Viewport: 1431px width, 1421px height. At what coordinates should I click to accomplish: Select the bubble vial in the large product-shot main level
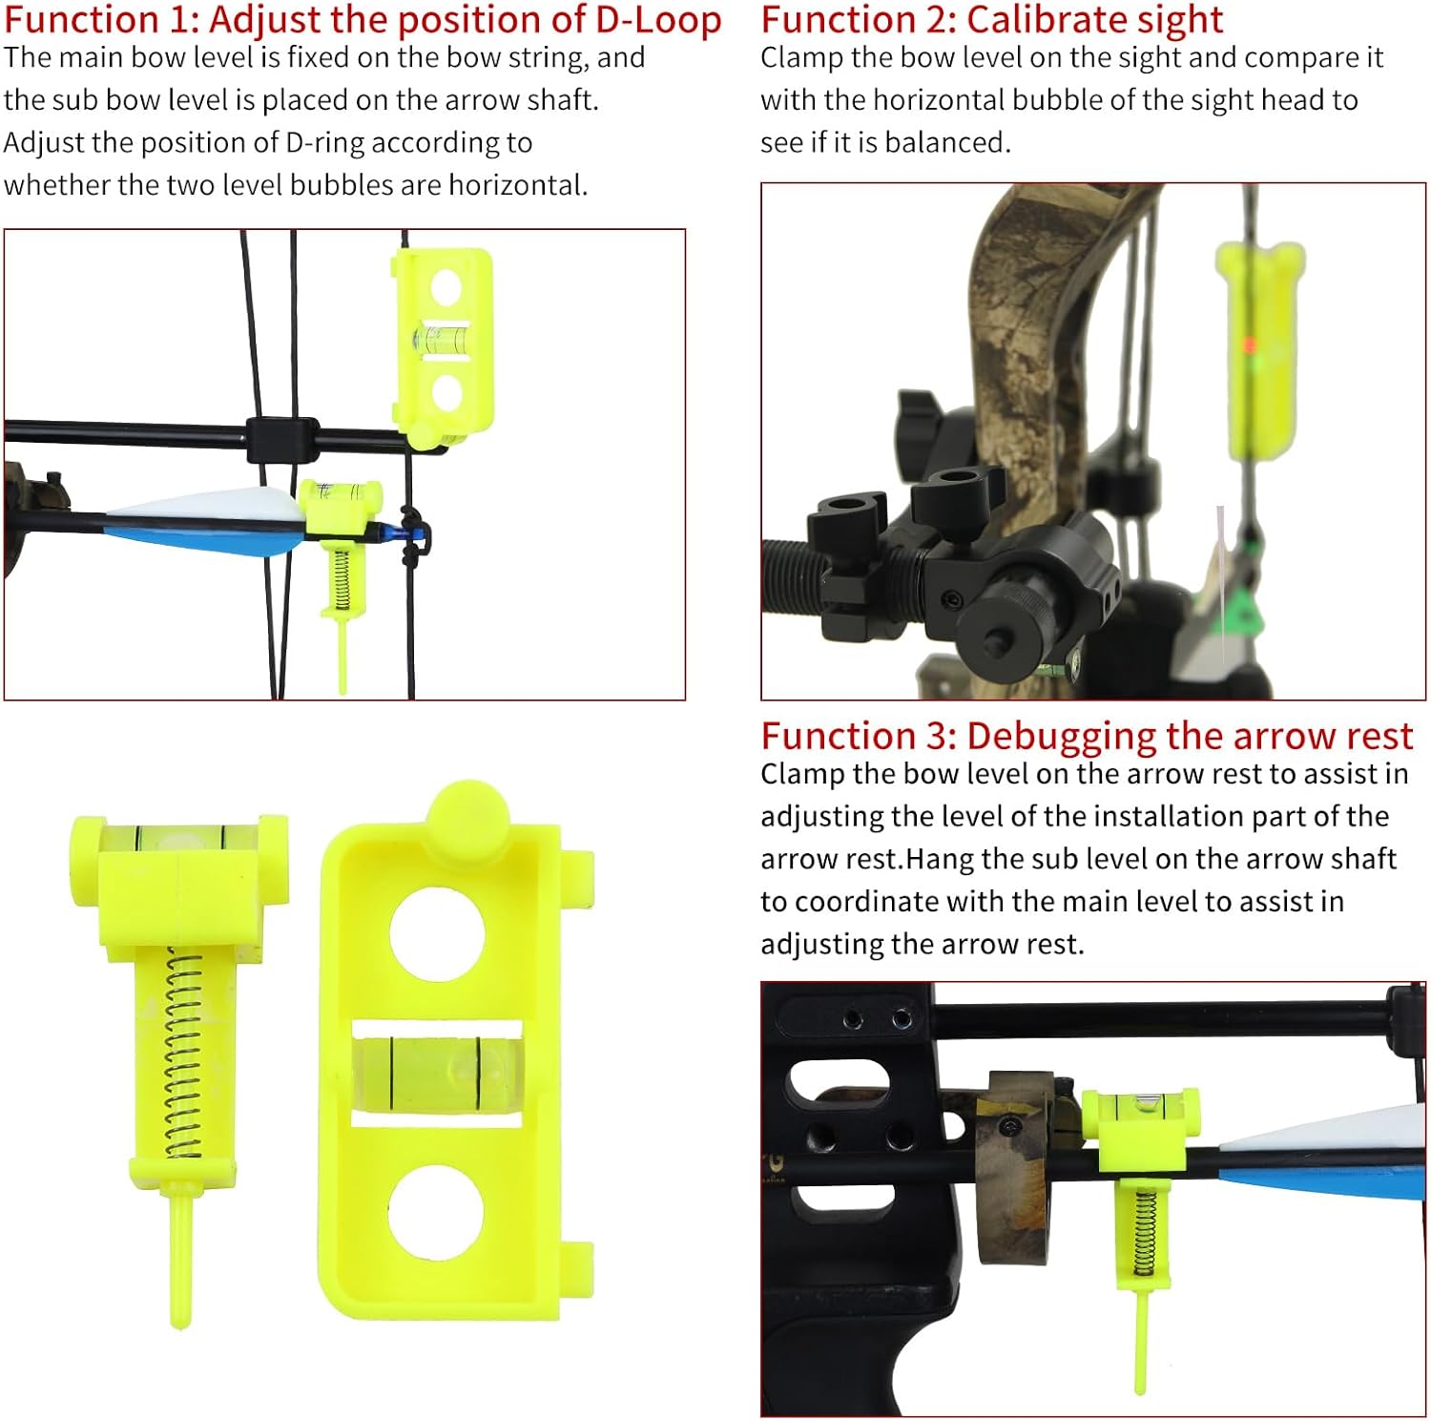click(x=437, y=1074)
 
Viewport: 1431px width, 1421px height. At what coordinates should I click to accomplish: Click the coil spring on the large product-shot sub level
click(x=182, y=1055)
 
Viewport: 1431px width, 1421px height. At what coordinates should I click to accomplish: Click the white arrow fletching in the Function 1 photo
click(x=219, y=505)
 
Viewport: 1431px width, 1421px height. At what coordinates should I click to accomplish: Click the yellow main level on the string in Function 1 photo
click(x=443, y=339)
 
